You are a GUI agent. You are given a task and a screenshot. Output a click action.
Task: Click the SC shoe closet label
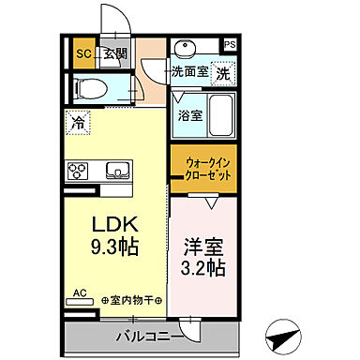pyautogui.click(x=83, y=53)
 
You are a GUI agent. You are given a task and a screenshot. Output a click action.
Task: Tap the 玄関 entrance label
pyautogui.click(x=115, y=53)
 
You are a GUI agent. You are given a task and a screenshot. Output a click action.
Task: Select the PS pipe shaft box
pyautogui.click(x=230, y=43)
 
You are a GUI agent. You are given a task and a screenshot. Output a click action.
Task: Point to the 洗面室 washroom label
pyautogui.click(x=189, y=71)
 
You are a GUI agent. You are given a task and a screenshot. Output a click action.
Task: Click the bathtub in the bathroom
pyautogui.click(x=221, y=114)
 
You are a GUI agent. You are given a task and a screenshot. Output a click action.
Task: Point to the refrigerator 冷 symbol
pyautogui.click(x=80, y=123)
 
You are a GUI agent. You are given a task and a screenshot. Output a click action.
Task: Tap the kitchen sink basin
pyautogui.click(x=120, y=170)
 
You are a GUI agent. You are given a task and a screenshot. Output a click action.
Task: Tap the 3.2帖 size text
pyautogui.click(x=203, y=267)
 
